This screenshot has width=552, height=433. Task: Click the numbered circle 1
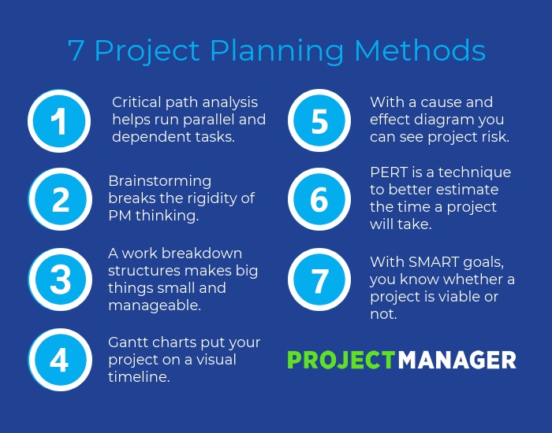click(59, 120)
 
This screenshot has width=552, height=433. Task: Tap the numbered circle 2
click(61, 200)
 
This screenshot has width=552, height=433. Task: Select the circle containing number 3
click(61, 279)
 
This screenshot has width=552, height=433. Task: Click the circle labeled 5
click(319, 120)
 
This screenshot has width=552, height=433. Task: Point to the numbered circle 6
click(319, 200)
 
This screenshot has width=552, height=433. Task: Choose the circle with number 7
click(319, 279)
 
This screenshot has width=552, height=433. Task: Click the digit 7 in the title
click(76, 50)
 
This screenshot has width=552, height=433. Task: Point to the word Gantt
click(129, 342)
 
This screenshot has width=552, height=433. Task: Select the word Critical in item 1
click(137, 102)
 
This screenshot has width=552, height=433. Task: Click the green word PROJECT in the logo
click(341, 360)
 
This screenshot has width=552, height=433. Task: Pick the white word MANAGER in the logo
click(457, 360)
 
